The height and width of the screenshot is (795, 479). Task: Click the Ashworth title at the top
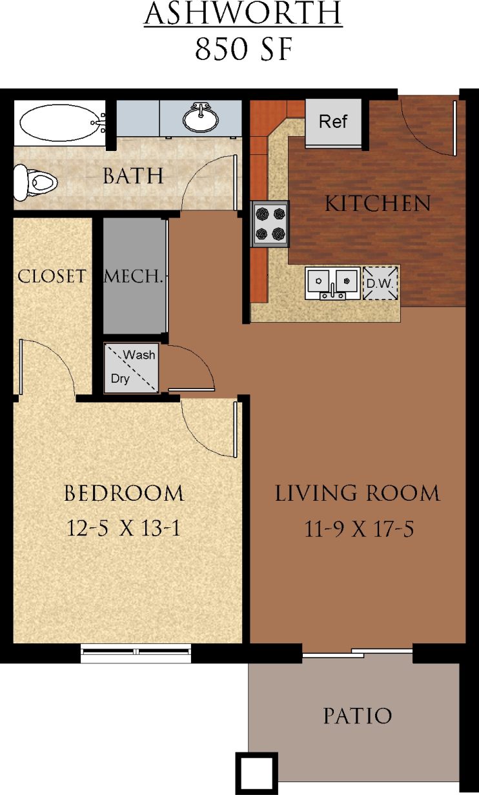243,15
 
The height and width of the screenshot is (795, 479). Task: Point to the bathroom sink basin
200,118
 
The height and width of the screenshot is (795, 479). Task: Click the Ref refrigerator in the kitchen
333,122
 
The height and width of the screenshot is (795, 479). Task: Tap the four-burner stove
270,223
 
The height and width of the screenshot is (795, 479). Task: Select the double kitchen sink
333,282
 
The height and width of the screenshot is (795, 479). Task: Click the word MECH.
132,277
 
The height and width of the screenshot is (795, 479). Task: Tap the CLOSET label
52,276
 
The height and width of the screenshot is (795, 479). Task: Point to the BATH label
133,176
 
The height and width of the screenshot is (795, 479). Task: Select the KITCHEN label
378,204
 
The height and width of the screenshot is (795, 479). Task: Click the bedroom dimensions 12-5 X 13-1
123,528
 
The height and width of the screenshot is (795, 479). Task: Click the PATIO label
357,716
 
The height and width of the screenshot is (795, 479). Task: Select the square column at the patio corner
256,772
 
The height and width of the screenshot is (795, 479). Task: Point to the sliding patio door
357,652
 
